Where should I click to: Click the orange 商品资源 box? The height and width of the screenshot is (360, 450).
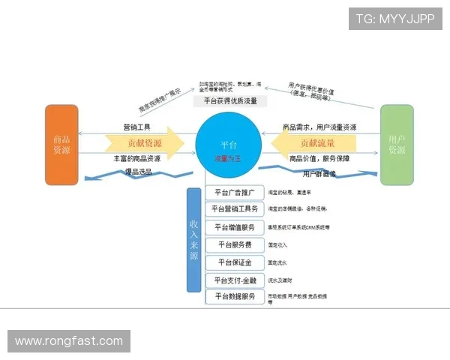[61, 145]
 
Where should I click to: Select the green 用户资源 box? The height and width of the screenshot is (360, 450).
[397, 145]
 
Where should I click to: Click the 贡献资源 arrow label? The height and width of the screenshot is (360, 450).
[144, 142]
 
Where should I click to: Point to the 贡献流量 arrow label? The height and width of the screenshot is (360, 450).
[317, 142]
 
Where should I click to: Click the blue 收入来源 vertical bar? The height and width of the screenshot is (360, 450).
[193, 239]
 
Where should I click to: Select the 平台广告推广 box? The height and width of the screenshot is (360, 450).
[234, 193]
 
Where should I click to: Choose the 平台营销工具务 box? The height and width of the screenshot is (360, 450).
[234, 209]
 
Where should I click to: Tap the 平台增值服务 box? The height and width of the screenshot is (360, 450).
[234, 227]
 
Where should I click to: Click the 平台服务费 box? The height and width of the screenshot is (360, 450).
[234, 244]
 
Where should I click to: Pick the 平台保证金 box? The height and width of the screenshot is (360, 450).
[234, 262]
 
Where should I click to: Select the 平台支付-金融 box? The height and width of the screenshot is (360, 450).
[234, 280]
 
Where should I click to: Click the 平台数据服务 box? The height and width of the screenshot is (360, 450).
[234, 297]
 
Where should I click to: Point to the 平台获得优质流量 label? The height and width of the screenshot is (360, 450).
[230, 100]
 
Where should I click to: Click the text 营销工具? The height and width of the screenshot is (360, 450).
[137, 127]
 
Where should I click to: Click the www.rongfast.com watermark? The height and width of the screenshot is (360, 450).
[69, 341]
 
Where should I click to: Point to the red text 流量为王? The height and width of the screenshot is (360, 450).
[229, 158]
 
